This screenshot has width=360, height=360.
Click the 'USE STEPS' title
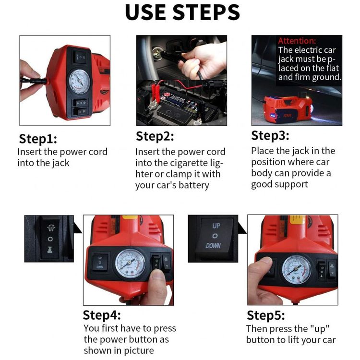tap(182, 12)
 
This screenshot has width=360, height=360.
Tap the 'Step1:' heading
tap(38, 139)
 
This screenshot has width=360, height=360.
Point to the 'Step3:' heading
tap(270, 135)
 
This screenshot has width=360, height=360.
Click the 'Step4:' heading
tap(102, 315)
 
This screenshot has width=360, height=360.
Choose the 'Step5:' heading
tap(265, 315)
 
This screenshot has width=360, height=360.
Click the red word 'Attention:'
tap(297, 41)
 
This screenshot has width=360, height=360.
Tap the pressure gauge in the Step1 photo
tap(80, 81)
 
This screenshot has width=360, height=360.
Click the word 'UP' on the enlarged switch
tap(216, 226)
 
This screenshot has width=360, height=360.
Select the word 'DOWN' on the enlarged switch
tap(213, 246)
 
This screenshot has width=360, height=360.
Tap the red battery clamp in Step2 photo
tap(154, 90)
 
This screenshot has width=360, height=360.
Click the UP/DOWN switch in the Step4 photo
tap(100, 263)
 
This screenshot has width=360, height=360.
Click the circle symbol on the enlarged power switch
tap(50, 239)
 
